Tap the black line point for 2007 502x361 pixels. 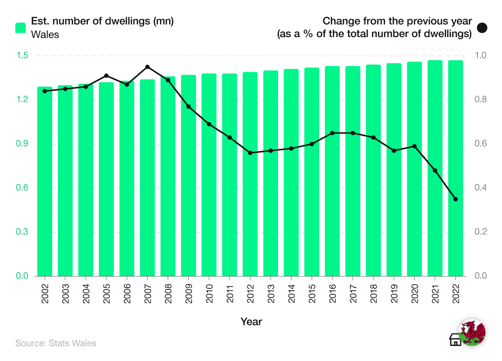pyautogui.click(x=148, y=67)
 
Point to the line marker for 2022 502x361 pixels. pyautogui.click(x=456, y=199)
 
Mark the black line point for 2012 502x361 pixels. pyautogui.click(x=250, y=153)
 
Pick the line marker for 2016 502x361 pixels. pyautogui.click(x=332, y=133)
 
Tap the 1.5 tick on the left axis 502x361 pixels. pyautogui.click(x=23, y=56)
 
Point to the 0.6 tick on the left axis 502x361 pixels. pyautogui.click(x=23, y=188)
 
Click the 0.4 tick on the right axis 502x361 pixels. pyautogui.click(x=481, y=188)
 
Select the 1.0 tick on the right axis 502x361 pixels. pyautogui.click(x=481, y=56)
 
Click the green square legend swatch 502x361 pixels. pyautogui.click(x=21, y=28)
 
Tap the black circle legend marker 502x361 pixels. pyautogui.click(x=482, y=28)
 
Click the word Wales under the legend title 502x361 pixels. pyautogui.click(x=45, y=35)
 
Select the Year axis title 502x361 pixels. pyautogui.click(x=251, y=321)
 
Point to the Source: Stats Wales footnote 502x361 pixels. pyautogui.click(x=56, y=343)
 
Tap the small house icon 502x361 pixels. pyautogui.click(x=455, y=339)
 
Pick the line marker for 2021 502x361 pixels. pyautogui.click(x=435, y=170)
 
